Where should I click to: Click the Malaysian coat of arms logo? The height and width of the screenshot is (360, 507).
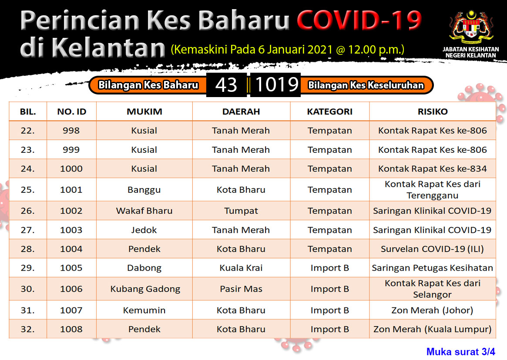471,27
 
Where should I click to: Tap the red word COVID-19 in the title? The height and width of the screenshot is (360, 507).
359,20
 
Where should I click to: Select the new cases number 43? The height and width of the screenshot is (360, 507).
226,85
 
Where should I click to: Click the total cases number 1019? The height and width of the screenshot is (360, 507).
276,85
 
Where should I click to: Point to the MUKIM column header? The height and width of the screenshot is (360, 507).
144,111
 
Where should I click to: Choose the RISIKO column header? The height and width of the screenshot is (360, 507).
433,111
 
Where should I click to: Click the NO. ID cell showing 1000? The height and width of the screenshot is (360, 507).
71,169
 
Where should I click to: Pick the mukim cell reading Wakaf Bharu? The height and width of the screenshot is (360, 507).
144,211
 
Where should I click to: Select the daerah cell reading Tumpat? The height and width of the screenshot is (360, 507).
241,211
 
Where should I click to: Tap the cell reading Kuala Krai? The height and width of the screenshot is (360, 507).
241,268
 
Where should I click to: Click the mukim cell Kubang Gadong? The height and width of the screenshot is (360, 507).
145,289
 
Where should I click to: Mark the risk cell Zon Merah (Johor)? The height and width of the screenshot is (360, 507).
432,310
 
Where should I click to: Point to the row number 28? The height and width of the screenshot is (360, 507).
27,249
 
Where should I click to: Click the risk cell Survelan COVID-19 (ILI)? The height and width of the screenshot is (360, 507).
432,249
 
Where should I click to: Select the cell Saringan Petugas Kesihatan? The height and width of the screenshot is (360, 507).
432,268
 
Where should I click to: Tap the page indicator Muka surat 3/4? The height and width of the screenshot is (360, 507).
461,352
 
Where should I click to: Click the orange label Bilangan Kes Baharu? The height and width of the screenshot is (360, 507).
148,85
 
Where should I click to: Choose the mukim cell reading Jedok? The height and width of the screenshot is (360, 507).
144,230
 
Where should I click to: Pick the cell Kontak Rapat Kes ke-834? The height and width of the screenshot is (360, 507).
432,169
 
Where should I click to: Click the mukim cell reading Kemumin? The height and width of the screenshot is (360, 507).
144,310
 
